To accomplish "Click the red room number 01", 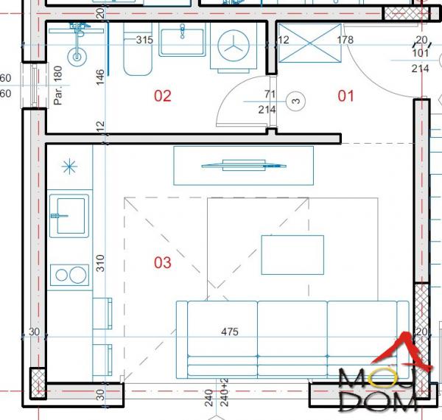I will (345, 95).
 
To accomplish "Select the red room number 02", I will (162, 95).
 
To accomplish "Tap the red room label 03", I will (162, 262).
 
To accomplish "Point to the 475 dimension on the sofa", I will (230, 332).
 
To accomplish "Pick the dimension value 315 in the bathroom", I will (144, 40).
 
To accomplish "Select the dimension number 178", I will (345, 40).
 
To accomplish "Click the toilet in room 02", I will (136, 55).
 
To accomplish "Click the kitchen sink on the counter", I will (69, 214).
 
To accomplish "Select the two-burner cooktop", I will (69, 276).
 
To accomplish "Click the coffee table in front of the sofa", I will (292, 254).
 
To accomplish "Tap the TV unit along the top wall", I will (243, 165).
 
